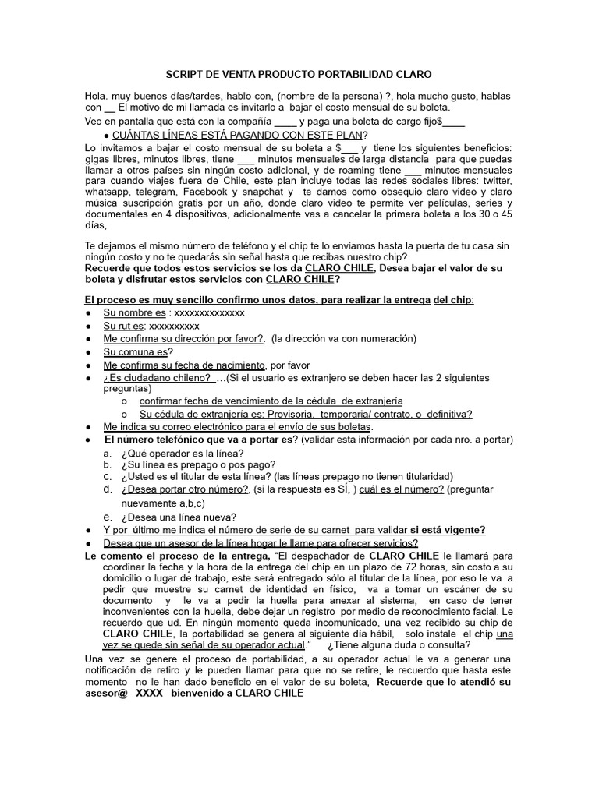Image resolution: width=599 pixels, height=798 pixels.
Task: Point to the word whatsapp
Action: (108, 192)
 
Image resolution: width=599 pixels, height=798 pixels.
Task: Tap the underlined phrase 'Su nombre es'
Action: (134, 312)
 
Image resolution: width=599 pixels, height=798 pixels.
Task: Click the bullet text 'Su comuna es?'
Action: (138, 351)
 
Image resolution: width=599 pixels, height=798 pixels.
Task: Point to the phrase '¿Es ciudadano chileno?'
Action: (158, 378)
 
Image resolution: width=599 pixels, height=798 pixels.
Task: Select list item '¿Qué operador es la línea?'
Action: (182, 454)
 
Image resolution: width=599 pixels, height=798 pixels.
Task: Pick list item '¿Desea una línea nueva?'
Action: (179, 517)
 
